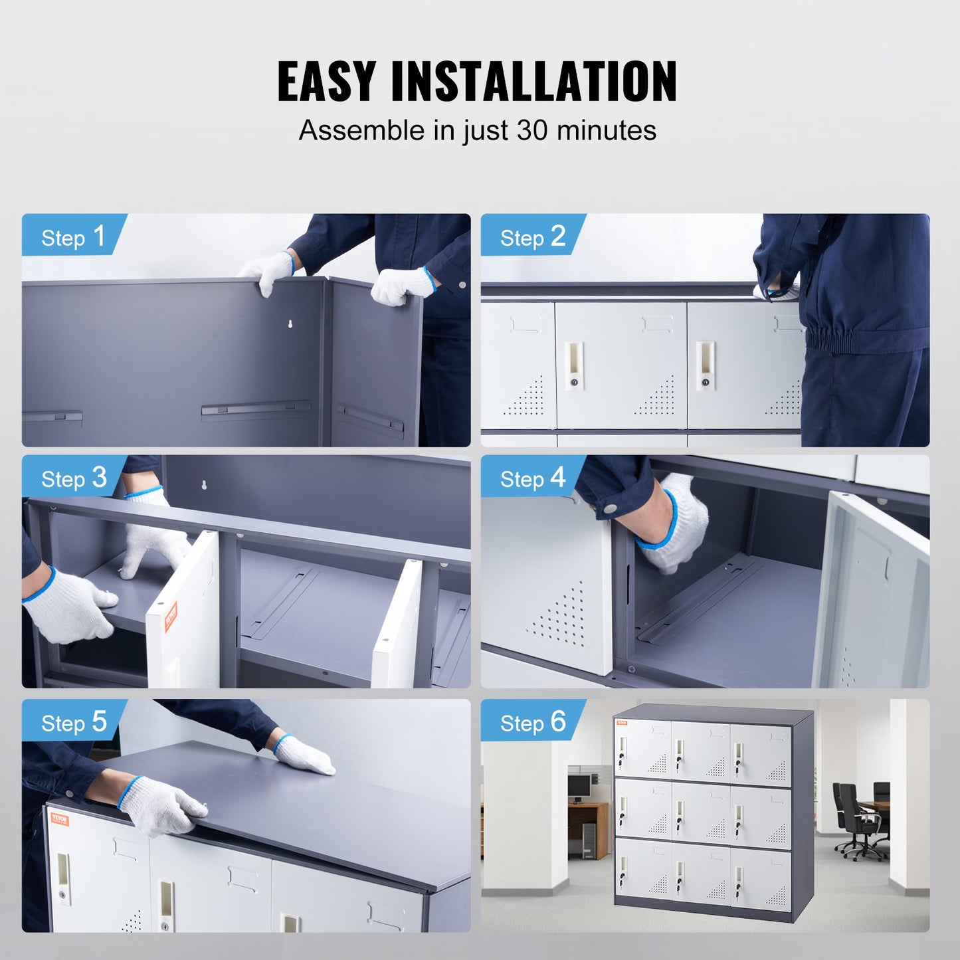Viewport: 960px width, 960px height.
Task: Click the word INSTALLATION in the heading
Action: (x=533, y=81)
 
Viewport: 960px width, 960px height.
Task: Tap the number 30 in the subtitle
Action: (x=532, y=130)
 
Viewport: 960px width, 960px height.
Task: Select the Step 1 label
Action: (x=73, y=237)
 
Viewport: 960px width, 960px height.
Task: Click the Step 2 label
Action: (x=532, y=237)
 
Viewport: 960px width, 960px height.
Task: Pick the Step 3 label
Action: (x=73, y=478)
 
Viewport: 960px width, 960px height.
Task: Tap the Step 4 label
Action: (x=532, y=478)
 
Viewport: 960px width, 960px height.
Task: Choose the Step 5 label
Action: (x=73, y=721)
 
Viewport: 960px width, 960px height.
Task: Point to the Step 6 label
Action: (x=532, y=721)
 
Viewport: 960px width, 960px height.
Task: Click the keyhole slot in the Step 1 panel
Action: (x=290, y=324)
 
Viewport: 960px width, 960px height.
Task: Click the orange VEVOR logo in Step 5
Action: (x=59, y=819)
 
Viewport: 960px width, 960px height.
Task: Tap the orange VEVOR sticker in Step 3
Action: (x=171, y=616)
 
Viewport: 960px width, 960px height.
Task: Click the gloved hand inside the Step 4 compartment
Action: (x=674, y=525)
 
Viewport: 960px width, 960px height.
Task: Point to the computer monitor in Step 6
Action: (x=579, y=786)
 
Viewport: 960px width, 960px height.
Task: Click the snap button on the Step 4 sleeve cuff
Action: (x=608, y=508)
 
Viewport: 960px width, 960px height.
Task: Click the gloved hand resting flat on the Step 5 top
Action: (x=305, y=756)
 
